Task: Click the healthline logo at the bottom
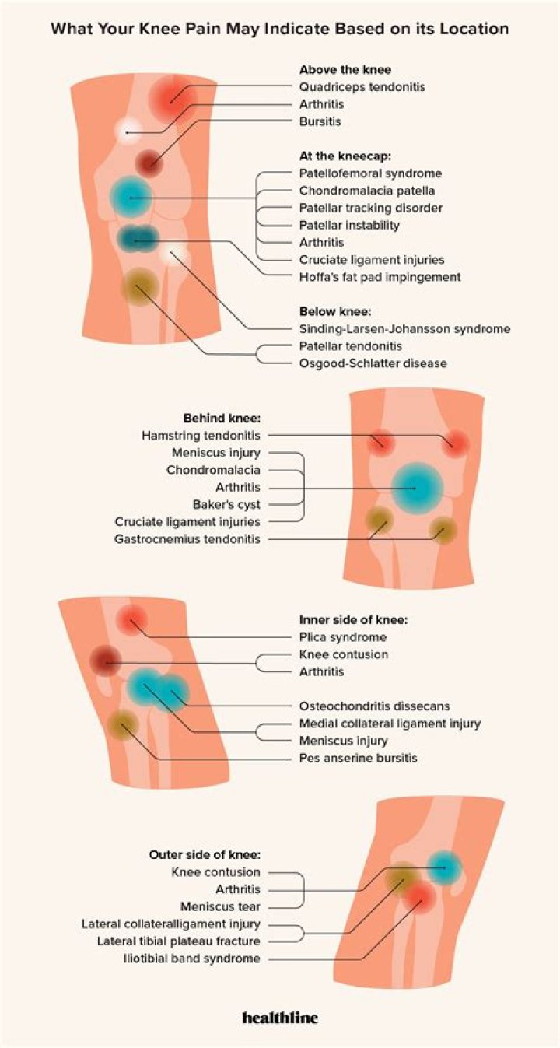(280, 1017)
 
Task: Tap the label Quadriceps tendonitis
(362, 87)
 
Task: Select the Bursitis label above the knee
(320, 121)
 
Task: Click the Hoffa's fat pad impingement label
(380, 276)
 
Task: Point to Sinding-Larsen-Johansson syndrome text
(404, 328)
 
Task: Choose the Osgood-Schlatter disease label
(373, 363)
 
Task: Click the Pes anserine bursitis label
(359, 758)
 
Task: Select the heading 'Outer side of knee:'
(205, 855)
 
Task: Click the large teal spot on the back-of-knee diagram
(417, 489)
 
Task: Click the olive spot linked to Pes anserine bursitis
(124, 725)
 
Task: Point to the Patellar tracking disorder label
(372, 208)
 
